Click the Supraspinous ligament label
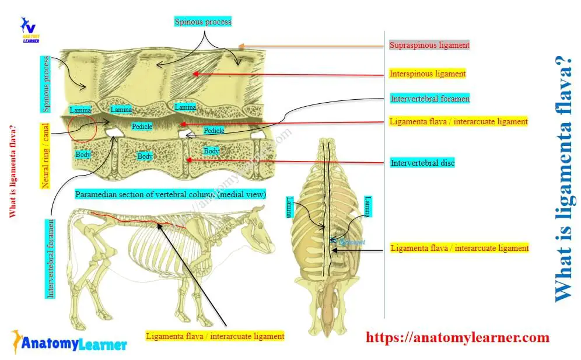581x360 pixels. (429, 45)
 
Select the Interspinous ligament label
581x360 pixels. (428, 74)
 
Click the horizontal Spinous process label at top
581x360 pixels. (203, 22)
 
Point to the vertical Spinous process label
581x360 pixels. (46, 84)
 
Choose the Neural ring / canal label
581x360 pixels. (46, 155)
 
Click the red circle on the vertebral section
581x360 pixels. (82, 128)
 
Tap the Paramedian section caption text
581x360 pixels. (170, 194)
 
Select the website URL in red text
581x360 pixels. (457, 337)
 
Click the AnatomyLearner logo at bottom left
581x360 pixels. (68, 343)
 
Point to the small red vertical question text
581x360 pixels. (12, 172)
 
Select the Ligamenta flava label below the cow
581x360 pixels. (215, 336)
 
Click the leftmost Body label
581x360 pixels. (83, 155)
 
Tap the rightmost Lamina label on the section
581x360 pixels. (185, 107)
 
